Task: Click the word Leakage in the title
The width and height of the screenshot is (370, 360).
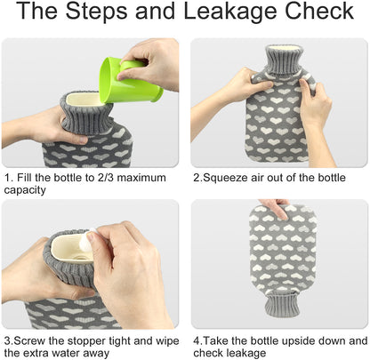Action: point(230,12)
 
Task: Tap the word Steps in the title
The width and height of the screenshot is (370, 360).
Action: point(96,12)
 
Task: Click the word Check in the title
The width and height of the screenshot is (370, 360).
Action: point(319,11)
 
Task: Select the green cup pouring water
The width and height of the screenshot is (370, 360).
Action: point(130,80)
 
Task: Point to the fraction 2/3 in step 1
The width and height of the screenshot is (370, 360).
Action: point(103,178)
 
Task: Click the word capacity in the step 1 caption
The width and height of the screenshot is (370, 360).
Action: point(25,190)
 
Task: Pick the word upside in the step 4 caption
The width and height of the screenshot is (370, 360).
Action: point(296,341)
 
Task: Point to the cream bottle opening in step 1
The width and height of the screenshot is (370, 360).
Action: point(84,100)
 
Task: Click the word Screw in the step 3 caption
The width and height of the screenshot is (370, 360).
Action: point(29,341)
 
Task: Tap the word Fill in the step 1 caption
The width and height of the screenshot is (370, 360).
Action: point(24,178)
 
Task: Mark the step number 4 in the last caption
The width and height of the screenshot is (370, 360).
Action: point(197,341)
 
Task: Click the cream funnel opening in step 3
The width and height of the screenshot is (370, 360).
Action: point(70,249)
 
